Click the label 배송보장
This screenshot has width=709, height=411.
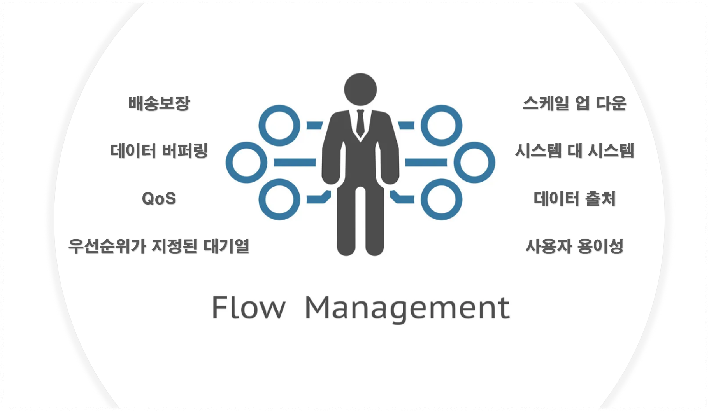tap(159, 103)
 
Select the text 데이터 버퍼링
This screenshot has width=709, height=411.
tap(159, 151)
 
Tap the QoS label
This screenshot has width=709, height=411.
tap(159, 199)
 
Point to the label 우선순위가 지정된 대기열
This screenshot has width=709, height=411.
tap(159, 246)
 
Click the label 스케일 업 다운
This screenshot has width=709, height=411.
tap(574, 103)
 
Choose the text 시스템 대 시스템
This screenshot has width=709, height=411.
tap(574, 151)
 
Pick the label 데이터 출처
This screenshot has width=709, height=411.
tap(574, 199)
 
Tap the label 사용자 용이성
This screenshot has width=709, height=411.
tap(574, 246)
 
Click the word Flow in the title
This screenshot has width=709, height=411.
tap(248, 308)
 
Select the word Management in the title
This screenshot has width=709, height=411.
tap(407, 308)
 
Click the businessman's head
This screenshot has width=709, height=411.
tap(360, 89)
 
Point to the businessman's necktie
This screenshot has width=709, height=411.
tap(360, 122)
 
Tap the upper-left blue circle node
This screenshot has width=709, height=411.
tap(279, 125)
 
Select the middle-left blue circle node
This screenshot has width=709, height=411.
tap(246, 162)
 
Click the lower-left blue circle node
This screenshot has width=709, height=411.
tap(279, 199)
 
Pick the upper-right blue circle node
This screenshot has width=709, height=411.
tap(441, 125)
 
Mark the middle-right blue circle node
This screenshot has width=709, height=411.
tap(474, 162)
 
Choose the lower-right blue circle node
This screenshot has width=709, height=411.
tap(441, 199)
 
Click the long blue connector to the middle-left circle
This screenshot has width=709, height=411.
tap(295, 162)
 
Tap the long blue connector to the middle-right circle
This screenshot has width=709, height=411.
tap(426, 162)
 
